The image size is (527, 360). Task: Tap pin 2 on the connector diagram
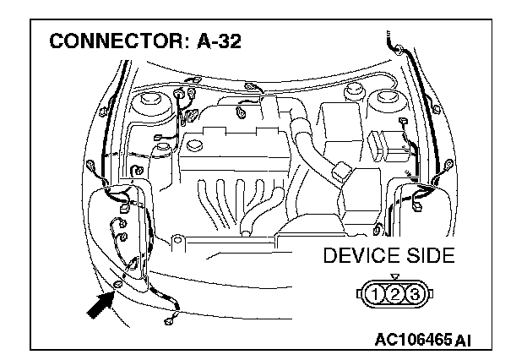click(395, 295)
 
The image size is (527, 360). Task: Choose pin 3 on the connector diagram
click(415, 295)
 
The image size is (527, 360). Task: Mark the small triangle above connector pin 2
click(395, 277)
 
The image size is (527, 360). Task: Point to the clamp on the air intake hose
click(341, 172)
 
